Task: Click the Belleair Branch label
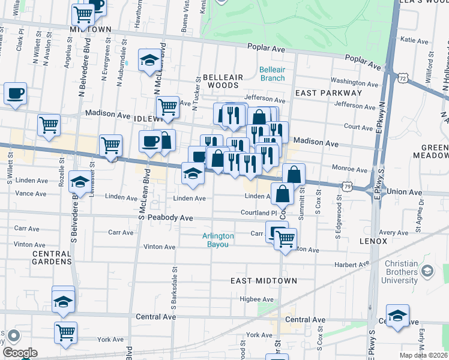[272, 74]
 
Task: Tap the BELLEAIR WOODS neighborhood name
[223, 82]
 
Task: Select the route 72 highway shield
[403, 78]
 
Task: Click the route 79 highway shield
[348, 187]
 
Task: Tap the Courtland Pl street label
[258, 212]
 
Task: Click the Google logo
[20, 353]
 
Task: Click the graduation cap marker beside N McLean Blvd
[149, 60]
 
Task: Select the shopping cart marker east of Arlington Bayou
[286, 238]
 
